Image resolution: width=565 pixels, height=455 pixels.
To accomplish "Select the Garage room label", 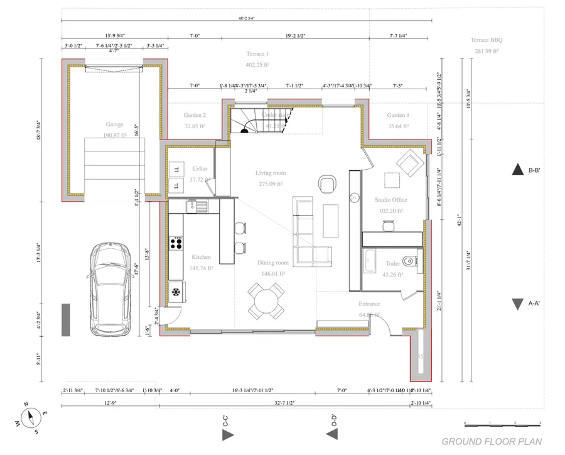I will point(115,124).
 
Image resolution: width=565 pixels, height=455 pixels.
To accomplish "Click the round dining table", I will point(266,300).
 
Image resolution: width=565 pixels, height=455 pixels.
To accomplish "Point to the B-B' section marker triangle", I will point(517,169).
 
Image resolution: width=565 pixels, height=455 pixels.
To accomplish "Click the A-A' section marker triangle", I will point(517,304).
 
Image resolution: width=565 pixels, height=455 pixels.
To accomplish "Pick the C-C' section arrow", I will point(227,434).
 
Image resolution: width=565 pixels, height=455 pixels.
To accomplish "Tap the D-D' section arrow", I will point(335,434).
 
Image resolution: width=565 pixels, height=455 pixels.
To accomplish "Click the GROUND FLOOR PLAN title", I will point(492,442).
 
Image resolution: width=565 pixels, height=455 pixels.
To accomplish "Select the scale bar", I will point(502,423).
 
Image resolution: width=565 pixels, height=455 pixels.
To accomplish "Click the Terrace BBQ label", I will point(487,40).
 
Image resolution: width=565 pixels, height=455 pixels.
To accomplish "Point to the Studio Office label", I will point(390,200).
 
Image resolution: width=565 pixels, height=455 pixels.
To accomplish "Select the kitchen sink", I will point(201,206).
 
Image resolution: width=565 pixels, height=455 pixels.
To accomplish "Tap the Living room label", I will point(270,173).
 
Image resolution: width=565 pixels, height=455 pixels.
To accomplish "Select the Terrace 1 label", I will point(257,55).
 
